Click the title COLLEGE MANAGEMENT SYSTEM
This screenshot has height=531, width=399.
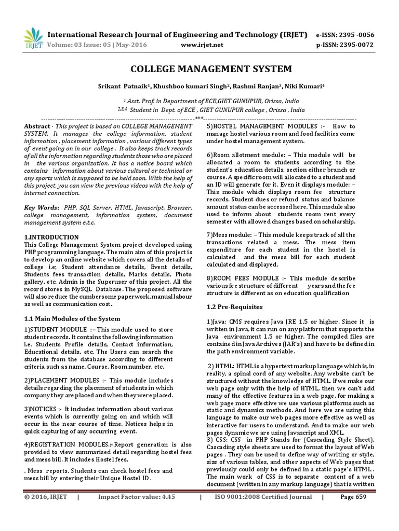coord(199,69)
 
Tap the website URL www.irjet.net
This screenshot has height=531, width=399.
coord(202,45)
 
